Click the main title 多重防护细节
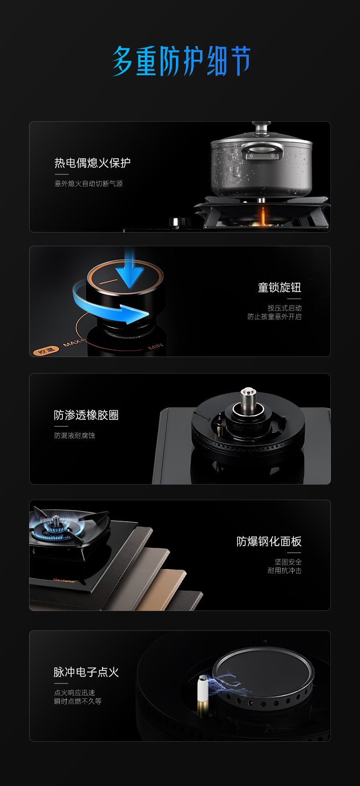tap(181, 61)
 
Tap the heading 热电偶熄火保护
tap(93, 163)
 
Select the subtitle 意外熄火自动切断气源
tap(89, 184)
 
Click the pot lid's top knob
tap(262, 125)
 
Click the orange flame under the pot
tap(262, 217)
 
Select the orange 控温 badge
tap(46, 351)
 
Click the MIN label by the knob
tap(155, 347)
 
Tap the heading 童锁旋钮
tap(279, 288)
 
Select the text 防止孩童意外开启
tap(274, 317)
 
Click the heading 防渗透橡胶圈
tap(86, 415)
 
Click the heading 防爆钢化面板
tap(269, 541)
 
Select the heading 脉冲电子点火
tap(86, 672)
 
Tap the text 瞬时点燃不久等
tap(78, 701)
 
